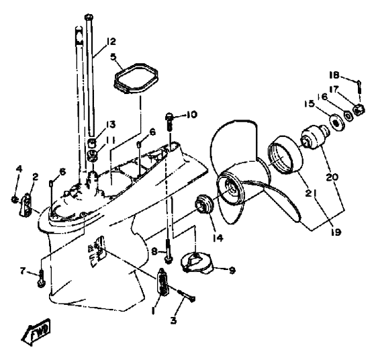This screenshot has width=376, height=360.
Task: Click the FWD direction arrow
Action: (x=36, y=332)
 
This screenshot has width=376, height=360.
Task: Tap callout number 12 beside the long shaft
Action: (x=111, y=42)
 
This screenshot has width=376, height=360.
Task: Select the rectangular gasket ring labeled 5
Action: (x=136, y=78)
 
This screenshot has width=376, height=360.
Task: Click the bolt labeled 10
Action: (x=169, y=122)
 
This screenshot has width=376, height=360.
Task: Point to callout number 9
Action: (x=232, y=271)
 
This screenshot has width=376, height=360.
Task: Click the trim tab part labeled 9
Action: (x=197, y=263)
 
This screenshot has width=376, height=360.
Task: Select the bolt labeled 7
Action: (x=41, y=279)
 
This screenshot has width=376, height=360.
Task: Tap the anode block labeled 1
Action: (x=163, y=281)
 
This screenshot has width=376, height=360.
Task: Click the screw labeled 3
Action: (x=187, y=296)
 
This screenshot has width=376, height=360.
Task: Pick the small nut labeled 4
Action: (x=14, y=199)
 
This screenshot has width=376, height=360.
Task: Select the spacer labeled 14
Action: (x=205, y=204)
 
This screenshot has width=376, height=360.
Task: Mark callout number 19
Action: (x=336, y=232)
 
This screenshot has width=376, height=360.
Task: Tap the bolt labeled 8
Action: (x=169, y=251)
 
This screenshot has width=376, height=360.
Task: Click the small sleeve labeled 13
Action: (x=91, y=143)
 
